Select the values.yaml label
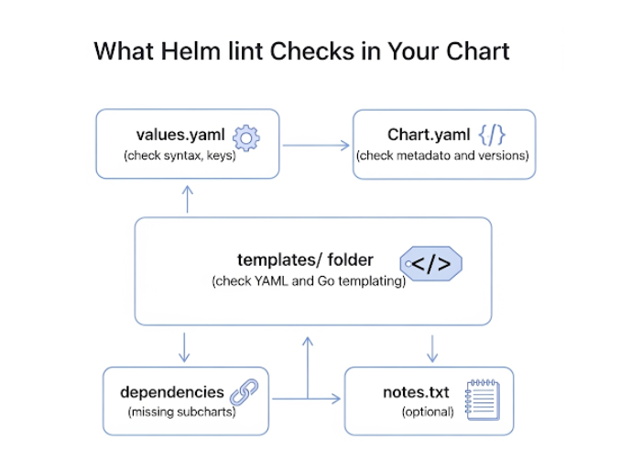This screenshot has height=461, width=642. point(180,136)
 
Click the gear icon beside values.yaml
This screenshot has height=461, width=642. point(245,137)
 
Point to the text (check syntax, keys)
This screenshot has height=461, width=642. point(180,156)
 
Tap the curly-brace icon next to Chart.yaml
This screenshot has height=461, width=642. point(491,136)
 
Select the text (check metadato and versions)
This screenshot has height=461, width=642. point(442,156)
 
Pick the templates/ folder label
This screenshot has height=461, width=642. point(305,260)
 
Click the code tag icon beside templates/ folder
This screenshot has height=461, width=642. point(430,264)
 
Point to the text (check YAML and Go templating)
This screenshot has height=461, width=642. point(309,281)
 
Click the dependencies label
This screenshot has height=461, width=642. point(172,392)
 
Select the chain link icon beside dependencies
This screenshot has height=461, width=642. point(244,393)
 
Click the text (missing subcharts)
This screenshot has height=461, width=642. point(181,412)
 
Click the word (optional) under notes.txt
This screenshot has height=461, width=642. point(428,412)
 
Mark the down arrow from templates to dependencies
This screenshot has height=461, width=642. point(185,346)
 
